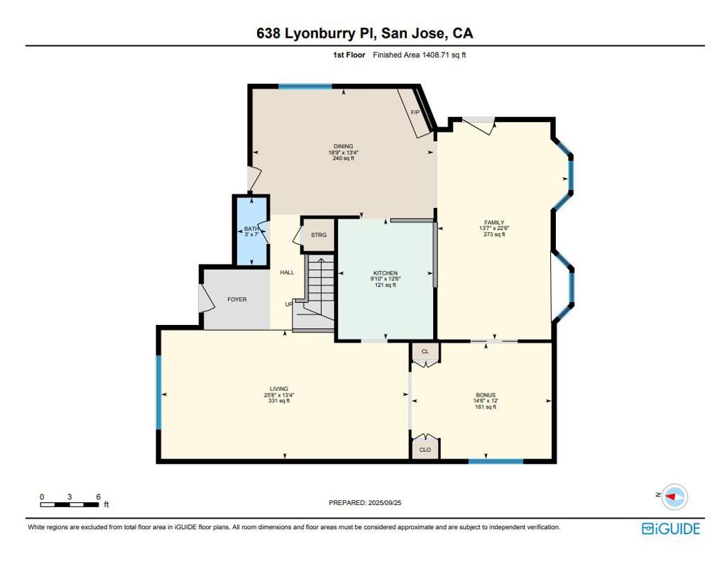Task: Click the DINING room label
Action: pos(343,146)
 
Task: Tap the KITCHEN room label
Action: pos(386,273)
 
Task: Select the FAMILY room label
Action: pos(494,223)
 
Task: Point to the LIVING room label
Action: pos(279,389)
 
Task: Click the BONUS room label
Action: pos(486,395)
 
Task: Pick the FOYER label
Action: pos(237,299)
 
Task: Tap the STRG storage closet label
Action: pos(319,235)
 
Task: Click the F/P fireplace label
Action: pos(415,113)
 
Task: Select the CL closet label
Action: pos(425,351)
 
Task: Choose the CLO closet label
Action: pos(425,450)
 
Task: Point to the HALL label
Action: pos(287,272)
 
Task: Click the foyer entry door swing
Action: pos(205,298)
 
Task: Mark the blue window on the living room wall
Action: pos(158,392)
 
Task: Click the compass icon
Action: pos(674,497)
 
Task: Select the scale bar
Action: pos(70,504)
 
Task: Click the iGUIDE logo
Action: pos(671,529)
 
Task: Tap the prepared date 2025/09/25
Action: pos(384,502)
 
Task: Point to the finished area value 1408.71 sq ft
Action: pos(444,55)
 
